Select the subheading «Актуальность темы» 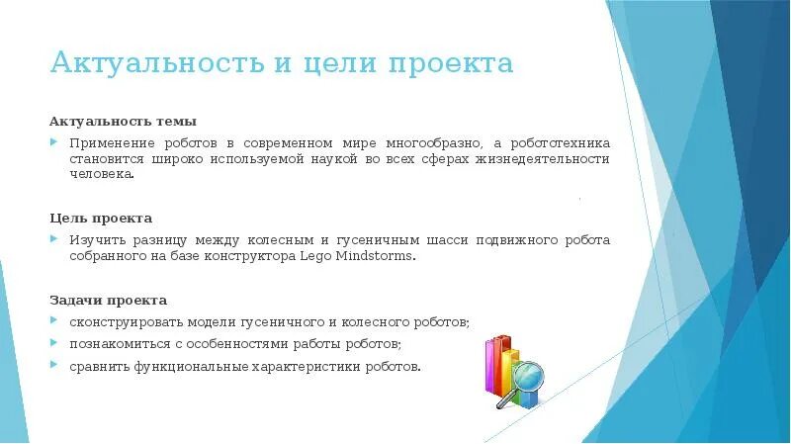pyautogui.click(x=124, y=122)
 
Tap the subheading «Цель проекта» pyautogui.click(x=101, y=218)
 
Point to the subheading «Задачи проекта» pyautogui.click(x=108, y=300)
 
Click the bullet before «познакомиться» pyautogui.click(x=55, y=344)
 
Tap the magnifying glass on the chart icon pyautogui.click(x=528, y=378)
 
